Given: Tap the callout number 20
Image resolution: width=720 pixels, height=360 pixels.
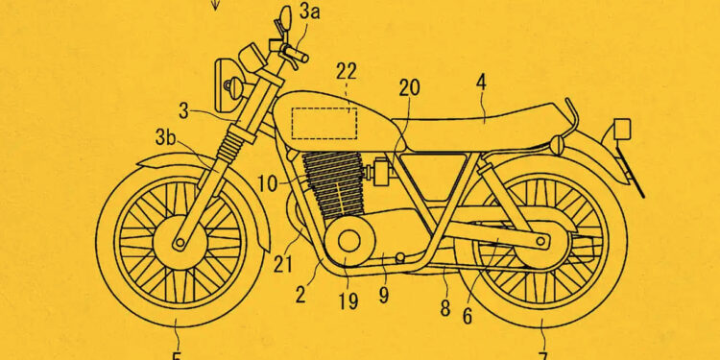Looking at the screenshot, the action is (x=410, y=87).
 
